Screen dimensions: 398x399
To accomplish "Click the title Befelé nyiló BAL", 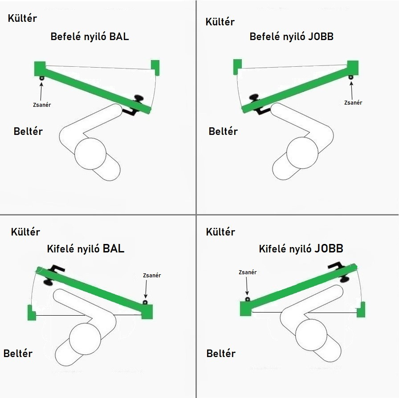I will coord(90,37).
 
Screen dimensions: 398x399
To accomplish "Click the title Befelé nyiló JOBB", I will coord(291,37).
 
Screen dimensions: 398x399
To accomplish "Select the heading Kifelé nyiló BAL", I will coord(85,248).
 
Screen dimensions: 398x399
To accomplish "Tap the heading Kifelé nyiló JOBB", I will coord(301,248).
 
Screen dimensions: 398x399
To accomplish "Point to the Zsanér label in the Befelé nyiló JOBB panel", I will coord(353,103).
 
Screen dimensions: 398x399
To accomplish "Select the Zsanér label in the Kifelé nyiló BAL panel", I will coord(152,276).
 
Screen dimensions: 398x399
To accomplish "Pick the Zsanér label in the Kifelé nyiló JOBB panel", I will coord(248,272).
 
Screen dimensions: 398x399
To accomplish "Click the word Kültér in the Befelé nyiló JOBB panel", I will coord(220,22).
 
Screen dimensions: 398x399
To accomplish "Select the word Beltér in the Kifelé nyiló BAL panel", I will coord(18,353).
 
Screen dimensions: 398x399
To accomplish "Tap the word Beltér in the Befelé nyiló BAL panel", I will coord(28,131).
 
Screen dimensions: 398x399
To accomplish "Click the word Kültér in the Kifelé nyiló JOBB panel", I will coord(220,232).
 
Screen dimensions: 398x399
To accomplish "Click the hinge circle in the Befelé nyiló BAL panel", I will coord(41,78).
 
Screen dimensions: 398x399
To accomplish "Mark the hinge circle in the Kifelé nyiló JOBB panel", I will coord(248,299).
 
